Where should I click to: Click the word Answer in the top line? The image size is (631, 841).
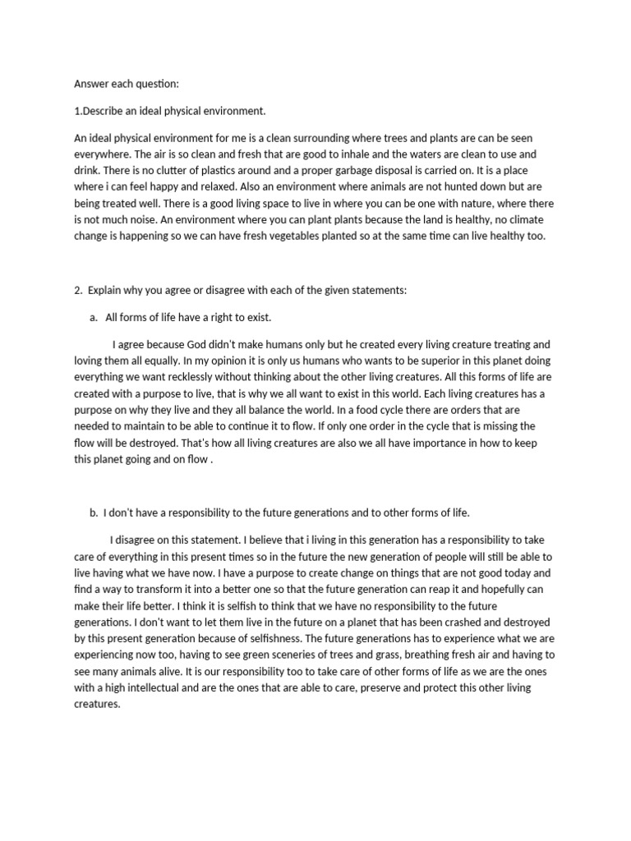point(90,84)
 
